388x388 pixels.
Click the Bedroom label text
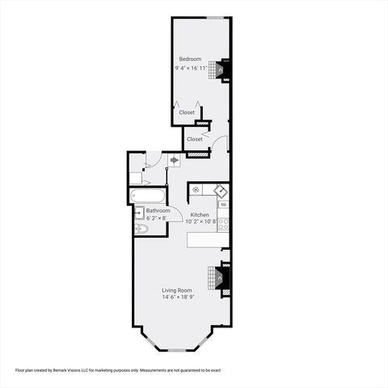tap(190, 60)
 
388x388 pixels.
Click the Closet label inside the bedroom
tap(187, 112)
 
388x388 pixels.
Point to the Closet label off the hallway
tap(195, 139)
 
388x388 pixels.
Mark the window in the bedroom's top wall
tap(215, 17)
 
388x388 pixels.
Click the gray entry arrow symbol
tap(174, 161)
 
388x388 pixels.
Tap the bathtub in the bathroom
tap(148, 195)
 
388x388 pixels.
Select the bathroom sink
tap(138, 214)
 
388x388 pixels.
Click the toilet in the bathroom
tap(140, 230)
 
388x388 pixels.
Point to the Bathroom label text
tap(158, 210)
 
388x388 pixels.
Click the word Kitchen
tap(200, 214)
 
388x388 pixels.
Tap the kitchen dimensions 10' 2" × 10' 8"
tap(201, 221)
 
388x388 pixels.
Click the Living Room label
tap(176, 289)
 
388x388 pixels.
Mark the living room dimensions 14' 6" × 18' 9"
tap(178, 297)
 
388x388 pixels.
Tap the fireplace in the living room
tap(220, 277)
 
